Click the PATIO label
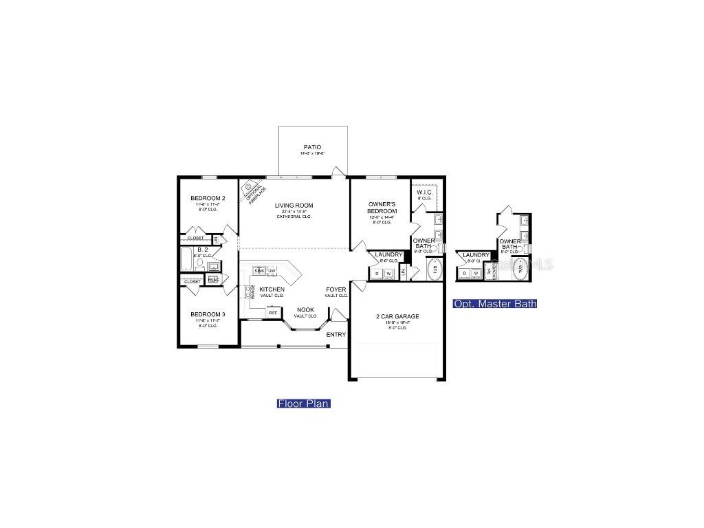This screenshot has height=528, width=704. pyautogui.click(x=312, y=147)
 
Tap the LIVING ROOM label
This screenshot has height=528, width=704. pyautogui.click(x=294, y=205)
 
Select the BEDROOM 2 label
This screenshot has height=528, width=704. pyautogui.click(x=208, y=199)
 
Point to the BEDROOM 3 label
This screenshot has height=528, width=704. pyautogui.click(x=208, y=314)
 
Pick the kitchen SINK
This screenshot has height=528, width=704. pyautogui.click(x=259, y=271)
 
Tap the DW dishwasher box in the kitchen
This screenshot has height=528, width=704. pyautogui.click(x=272, y=271)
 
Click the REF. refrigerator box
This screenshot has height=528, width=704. pyautogui.click(x=273, y=313)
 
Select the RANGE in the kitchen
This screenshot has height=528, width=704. pyautogui.click(x=252, y=291)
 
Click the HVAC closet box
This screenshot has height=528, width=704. pyautogui.click(x=213, y=280)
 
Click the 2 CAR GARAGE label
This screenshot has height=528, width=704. pyautogui.click(x=397, y=317)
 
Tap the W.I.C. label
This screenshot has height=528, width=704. pyautogui.click(x=424, y=192)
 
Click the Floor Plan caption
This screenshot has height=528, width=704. pyautogui.click(x=304, y=404)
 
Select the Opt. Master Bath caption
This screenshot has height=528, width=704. pyautogui.click(x=495, y=304)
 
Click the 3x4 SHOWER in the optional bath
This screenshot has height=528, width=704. pyautogui.click(x=489, y=272)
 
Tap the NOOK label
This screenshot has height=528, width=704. pyautogui.click(x=305, y=310)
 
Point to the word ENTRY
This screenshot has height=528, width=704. pyautogui.click(x=336, y=335)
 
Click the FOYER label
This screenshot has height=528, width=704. pyautogui.click(x=336, y=290)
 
